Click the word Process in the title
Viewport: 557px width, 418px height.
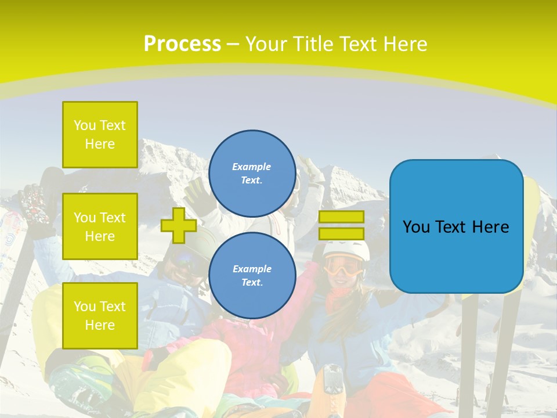coord(182,44)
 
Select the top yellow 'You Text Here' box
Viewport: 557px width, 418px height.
coord(100,135)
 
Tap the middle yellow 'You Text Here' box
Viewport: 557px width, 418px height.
coord(100,226)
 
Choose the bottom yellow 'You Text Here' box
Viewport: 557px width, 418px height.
coord(100,315)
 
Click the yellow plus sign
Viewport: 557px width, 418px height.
coord(179,225)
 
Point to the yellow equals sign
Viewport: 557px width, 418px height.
coord(341,225)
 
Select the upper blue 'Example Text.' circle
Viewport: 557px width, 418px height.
coord(252,174)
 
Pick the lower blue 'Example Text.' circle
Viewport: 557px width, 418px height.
coord(252,276)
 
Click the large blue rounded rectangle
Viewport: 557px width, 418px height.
coord(457,226)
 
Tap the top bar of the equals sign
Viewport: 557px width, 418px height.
coord(341,217)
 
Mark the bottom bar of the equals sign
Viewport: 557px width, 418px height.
coord(341,234)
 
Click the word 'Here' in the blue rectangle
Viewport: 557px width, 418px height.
coord(489,227)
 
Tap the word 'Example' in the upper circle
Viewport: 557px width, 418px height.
coord(252,167)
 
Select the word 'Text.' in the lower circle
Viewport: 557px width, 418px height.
coord(252,283)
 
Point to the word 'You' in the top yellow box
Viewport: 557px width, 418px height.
coord(85,125)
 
